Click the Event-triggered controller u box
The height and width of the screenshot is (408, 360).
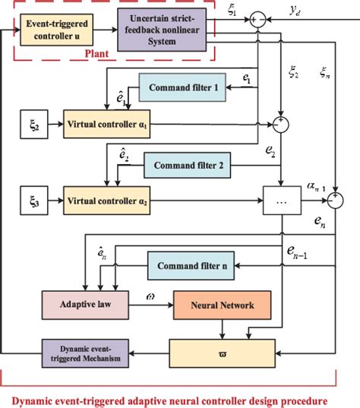coord(56,28)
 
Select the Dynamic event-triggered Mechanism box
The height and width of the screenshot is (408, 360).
coord(81,353)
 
